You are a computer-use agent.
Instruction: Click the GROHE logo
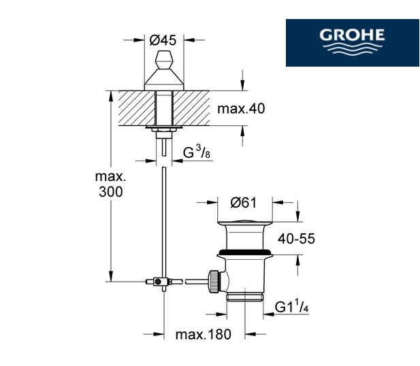(x=352, y=43)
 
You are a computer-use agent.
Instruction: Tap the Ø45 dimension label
(x=163, y=40)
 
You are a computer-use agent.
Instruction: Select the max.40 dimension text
(x=241, y=109)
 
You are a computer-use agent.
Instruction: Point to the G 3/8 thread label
(x=196, y=152)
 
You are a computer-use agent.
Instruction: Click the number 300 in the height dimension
(x=111, y=192)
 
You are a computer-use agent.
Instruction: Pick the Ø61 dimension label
(x=243, y=203)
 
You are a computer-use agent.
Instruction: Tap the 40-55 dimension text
(x=296, y=239)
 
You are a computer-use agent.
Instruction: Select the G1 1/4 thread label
(x=291, y=306)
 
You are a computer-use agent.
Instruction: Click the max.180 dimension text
(x=203, y=335)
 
